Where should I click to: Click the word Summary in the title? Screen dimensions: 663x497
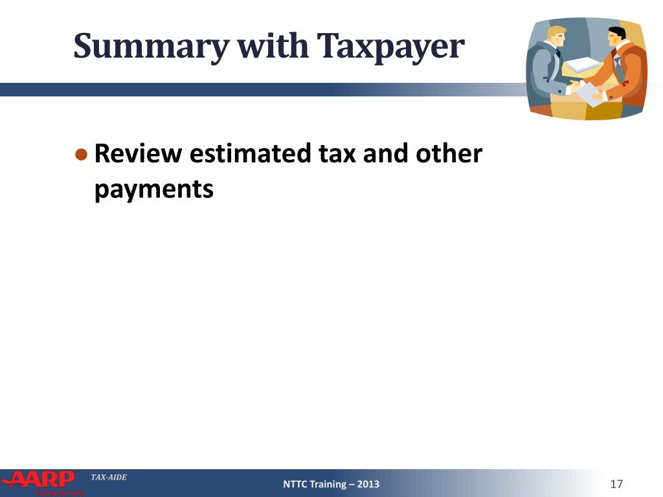point(152,47)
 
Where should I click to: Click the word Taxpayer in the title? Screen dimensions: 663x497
point(390,47)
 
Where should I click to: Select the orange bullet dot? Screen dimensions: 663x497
point(81,154)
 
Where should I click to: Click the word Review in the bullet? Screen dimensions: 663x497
point(139,153)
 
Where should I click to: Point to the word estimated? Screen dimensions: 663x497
point(251,153)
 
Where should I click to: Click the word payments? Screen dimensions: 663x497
point(154,190)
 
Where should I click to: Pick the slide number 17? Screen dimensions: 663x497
point(616,484)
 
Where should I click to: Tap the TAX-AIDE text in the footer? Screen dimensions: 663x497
point(109,477)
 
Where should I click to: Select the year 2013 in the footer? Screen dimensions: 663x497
point(368,484)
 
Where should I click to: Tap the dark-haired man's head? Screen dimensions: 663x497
point(616,39)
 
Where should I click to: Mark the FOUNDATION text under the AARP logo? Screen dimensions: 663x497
point(60,493)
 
